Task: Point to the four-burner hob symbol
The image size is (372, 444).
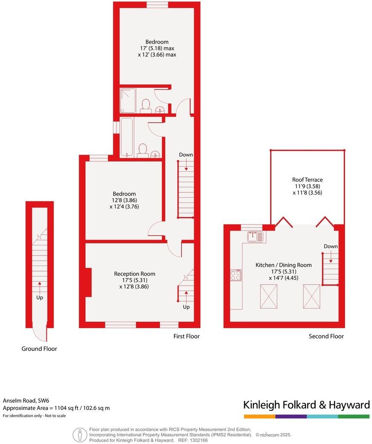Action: click(x=236, y=275)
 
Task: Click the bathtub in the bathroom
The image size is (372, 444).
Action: click(x=127, y=137)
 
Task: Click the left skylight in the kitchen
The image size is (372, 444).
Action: click(x=268, y=296)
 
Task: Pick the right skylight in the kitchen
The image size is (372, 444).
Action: click(x=311, y=296)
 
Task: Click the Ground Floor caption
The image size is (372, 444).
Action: click(x=39, y=349)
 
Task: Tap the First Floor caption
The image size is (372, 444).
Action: click(x=186, y=336)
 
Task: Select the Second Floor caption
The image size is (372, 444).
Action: click(x=326, y=336)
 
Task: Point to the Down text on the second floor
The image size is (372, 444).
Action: click(x=331, y=246)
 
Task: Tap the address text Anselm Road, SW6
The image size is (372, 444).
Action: click(x=26, y=401)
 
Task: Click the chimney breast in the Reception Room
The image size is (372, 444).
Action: click(x=88, y=282)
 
